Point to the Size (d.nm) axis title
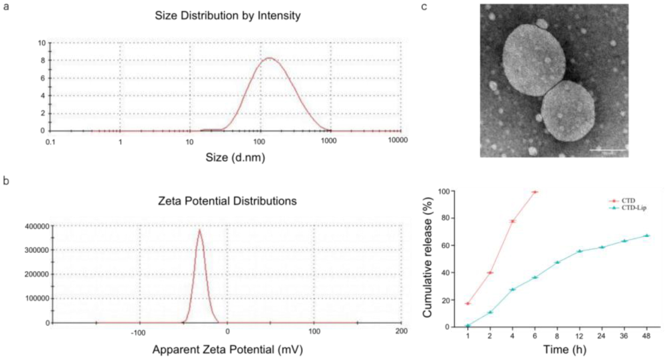(x=228, y=158)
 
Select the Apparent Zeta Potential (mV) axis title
(x=227, y=350)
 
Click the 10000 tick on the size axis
(x=397, y=141)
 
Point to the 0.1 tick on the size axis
(x=51, y=141)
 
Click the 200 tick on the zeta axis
(x=401, y=331)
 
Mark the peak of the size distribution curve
(x=269, y=58)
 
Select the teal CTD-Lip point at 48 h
(x=647, y=235)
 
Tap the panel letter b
(x=6, y=181)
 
